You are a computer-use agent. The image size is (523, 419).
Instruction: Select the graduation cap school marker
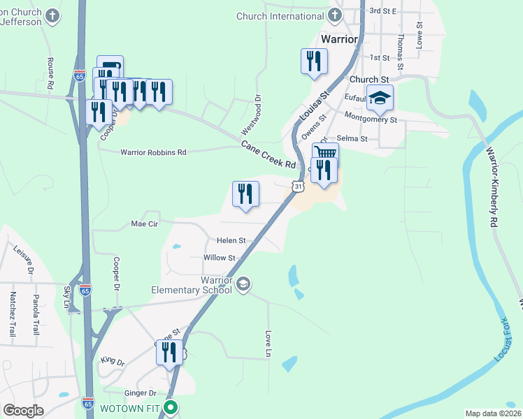380,98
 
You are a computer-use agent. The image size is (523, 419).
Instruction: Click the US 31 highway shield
299,186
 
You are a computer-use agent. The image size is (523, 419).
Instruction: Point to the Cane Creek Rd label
269,154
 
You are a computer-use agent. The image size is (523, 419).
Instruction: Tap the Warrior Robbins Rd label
153,152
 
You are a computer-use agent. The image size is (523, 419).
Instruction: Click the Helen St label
231,240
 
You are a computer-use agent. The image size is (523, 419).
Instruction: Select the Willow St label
217,258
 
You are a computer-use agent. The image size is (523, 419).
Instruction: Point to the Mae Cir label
145,224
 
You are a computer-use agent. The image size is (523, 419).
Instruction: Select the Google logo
23,411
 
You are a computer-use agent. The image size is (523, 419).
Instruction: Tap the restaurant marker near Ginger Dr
169,353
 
